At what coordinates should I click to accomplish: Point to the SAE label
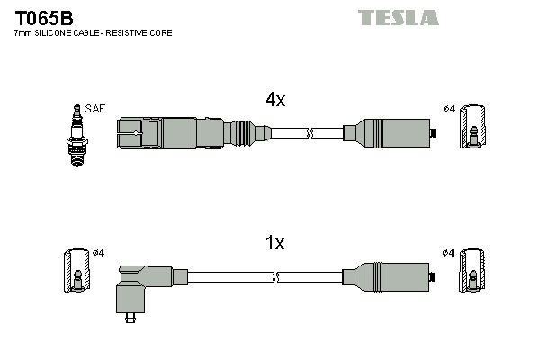[x=96, y=109]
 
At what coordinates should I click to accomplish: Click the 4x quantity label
[x=274, y=101]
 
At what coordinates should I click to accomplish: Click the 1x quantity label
[x=274, y=243]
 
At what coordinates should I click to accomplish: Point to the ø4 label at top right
[x=448, y=109]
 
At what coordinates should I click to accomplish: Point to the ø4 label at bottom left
[x=99, y=252]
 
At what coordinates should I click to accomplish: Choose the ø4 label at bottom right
[x=448, y=252]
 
